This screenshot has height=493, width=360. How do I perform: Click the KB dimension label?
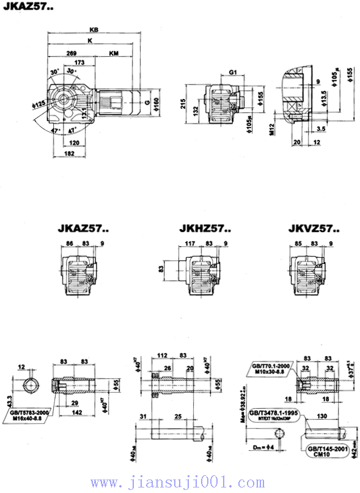[93, 29]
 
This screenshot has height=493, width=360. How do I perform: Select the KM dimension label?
[114, 53]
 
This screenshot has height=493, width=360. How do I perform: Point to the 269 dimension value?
[72, 53]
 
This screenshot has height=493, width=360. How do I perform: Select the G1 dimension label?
[232, 72]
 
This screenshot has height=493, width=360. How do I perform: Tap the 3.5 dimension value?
[321, 129]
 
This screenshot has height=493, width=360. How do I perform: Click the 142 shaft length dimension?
[76, 412]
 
